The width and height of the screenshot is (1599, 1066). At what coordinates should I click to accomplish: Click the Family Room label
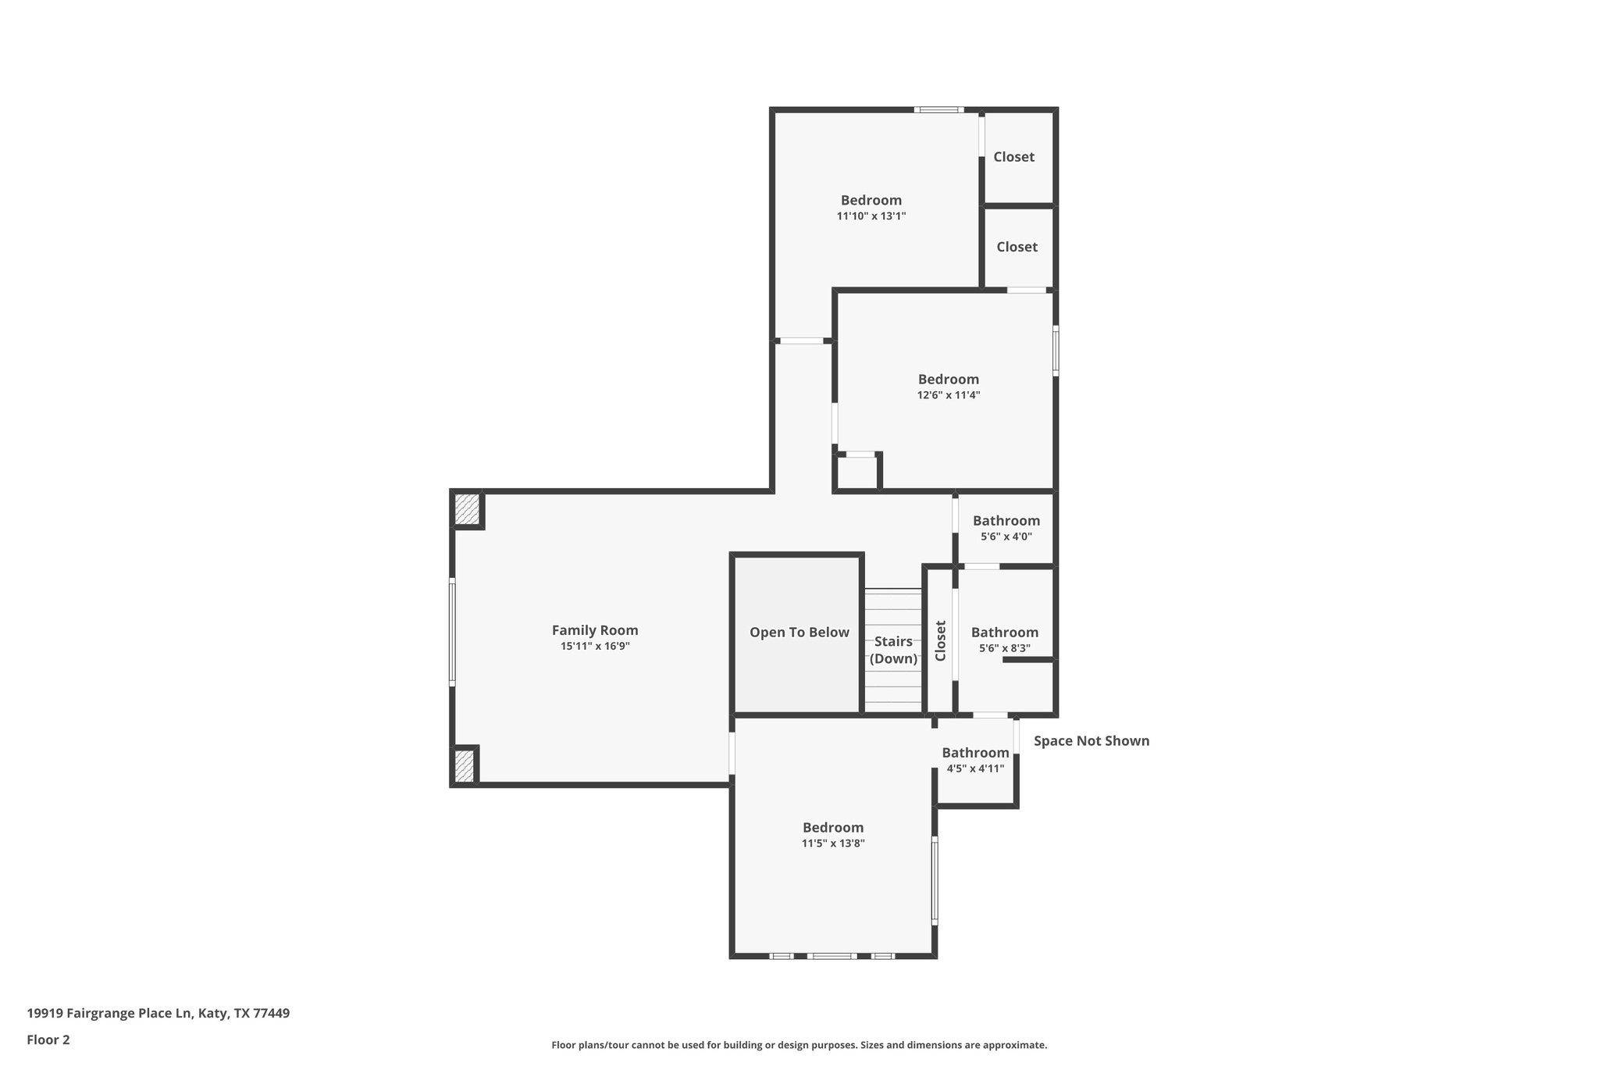pyautogui.click(x=595, y=630)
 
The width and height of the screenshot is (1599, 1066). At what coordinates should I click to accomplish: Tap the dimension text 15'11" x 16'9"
pyautogui.click(x=595, y=647)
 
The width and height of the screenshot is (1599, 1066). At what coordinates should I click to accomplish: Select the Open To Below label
pyautogui.click(x=799, y=633)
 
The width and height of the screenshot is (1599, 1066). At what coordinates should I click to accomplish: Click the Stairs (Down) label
pyautogui.click(x=893, y=650)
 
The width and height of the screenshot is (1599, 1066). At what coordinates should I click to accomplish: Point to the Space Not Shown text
pyautogui.click(x=1091, y=741)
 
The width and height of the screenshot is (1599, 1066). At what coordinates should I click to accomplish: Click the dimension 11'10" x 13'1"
pyautogui.click(x=871, y=216)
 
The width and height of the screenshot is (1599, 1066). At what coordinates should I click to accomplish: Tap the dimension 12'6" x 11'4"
pyautogui.click(x=948, y=396)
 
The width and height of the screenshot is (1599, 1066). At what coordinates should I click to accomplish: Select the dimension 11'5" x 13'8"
pyautogui.click(x=833, y=843)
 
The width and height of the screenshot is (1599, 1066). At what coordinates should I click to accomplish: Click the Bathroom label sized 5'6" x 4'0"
pyautogui.click(x=1006, y=521)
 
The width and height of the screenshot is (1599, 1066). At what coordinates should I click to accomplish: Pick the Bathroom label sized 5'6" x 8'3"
pyautogui.click(x=1004, y=633)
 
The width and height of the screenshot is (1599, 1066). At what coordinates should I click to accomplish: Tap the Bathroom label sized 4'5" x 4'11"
pyautogui.click(x=975, y=753)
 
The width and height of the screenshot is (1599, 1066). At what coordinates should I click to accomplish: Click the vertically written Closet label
pyautogui.click(x=941, y=640)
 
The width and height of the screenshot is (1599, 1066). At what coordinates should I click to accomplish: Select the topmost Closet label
pyautogui.click(x=1013, y=157)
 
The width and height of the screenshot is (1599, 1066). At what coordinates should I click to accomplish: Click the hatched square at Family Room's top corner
pyautogui.click(x=467, y=509)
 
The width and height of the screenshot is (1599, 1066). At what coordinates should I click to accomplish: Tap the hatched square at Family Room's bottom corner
pyautogui.click(x=464, y=765)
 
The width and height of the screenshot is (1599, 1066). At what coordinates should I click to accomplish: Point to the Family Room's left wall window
pyautogui.click(x=452, y=633)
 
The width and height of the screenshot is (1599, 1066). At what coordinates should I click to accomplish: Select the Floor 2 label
pyautogui.click(x=48, y=1039)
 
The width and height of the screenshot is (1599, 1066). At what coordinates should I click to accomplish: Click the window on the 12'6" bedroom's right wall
pyautogui.click(x=1056, y=351)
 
